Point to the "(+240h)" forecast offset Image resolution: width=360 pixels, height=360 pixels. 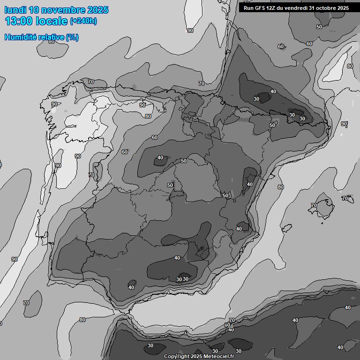83,21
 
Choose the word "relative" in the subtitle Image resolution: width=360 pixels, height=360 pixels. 50,37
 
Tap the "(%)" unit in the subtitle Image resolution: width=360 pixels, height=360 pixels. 72,37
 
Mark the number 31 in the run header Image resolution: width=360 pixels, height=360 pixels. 312,8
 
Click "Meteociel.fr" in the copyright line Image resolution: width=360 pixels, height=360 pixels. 219,357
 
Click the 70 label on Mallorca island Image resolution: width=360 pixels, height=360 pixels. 314,205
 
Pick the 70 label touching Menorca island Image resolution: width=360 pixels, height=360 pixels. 345,199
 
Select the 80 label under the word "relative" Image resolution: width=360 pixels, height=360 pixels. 52,42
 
